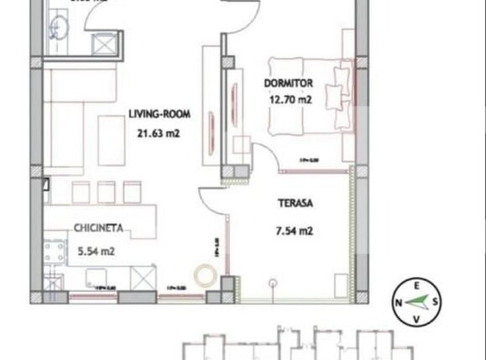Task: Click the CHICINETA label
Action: pyautogui.click(x=100, y=226)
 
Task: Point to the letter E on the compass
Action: pyautogui.click(x=417, y=284)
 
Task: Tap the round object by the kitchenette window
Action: pyautogui.click(x=204, y=275)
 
